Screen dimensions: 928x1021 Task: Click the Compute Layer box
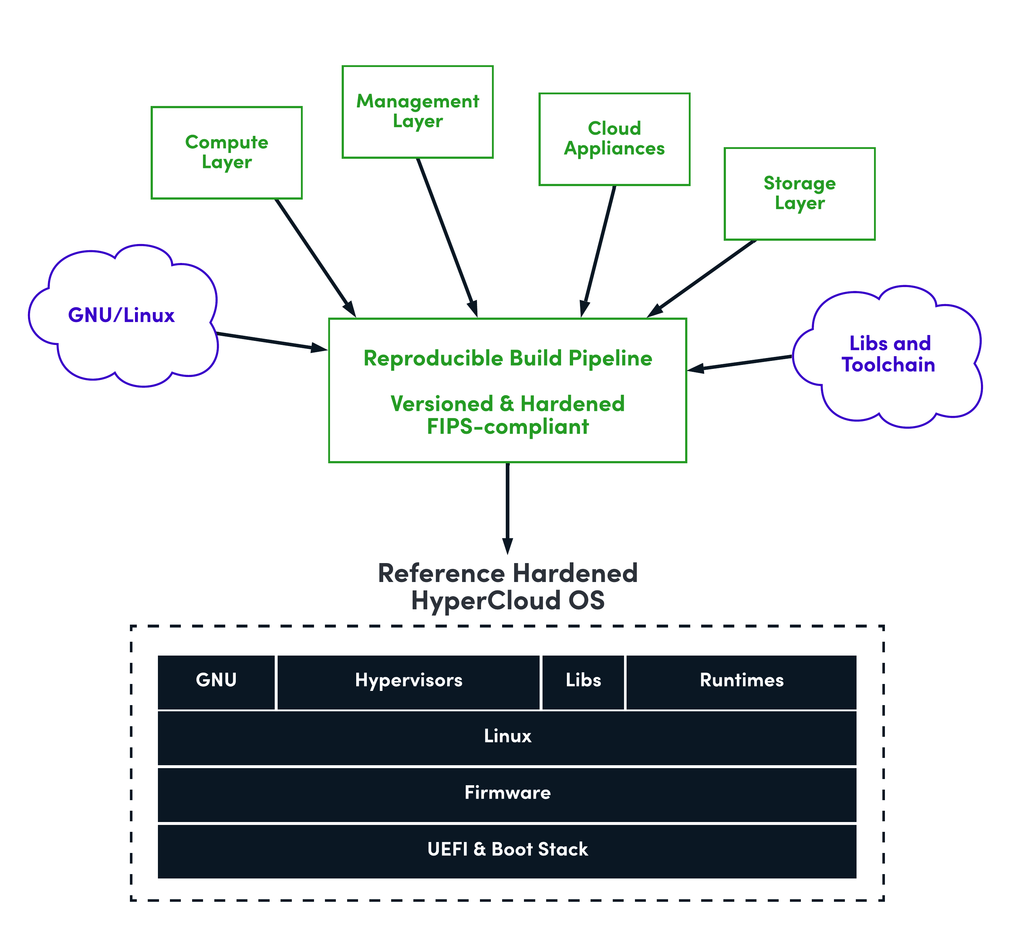tap(226, 153)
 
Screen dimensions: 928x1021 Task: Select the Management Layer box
tap(417, 111)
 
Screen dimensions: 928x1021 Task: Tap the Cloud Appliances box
tap(614, 139)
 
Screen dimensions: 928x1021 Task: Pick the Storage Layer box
tap(799, 194)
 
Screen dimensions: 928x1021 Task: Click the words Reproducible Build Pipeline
tap(508, 358)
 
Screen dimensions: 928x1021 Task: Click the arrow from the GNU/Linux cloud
tap(271, 341)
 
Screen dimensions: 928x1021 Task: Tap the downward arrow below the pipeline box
tap(508, 507)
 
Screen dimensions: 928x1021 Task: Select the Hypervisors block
tap(408, 681)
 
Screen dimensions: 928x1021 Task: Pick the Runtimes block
tap(741, 681)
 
